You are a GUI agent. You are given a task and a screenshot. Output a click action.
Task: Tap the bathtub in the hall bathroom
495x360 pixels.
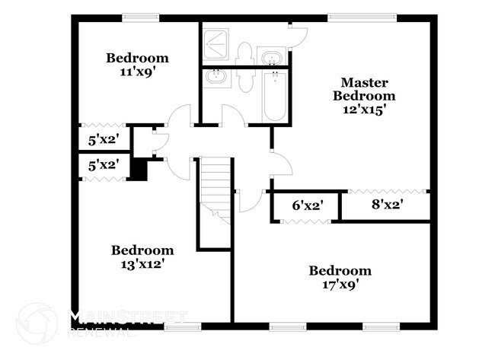(x=275, y=96)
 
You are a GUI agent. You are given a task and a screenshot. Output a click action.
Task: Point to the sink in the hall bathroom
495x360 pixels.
(x=218, y=77)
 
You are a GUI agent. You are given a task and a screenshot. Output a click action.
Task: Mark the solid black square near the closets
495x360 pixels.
(x=138, y=168)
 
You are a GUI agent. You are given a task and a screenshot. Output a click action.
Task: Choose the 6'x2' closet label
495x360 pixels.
(x=303, y=205)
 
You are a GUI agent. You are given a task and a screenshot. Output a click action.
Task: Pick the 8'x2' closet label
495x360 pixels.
(x=387, y=204)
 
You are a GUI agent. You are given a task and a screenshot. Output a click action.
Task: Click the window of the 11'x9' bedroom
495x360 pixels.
(x=142, y=18)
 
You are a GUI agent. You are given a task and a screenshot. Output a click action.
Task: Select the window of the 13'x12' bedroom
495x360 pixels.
(x=182, y=327)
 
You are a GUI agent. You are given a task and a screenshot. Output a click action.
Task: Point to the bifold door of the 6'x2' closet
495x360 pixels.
(x=304, y=221)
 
